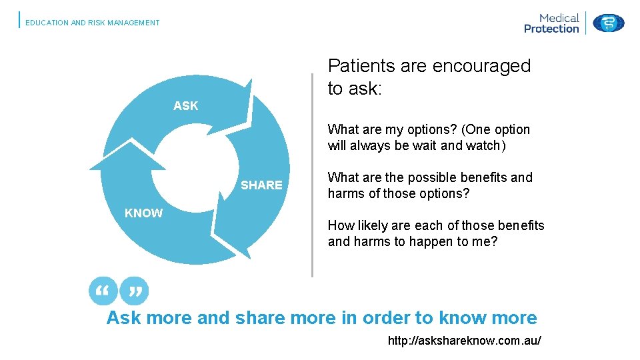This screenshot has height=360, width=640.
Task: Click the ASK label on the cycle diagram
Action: [x=185, y=105]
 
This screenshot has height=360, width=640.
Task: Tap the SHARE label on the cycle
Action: [x=261, y=185]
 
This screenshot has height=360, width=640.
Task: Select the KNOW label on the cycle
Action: [x=143, y=213]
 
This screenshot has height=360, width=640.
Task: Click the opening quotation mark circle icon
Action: [x=103, y=291]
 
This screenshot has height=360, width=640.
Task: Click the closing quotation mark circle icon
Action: [x=135, y=291]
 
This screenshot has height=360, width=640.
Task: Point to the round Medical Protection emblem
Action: [x=608, y=23]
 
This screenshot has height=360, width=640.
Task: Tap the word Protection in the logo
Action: [x=551, y=29]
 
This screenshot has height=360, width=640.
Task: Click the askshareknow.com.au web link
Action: [x=464, y=341]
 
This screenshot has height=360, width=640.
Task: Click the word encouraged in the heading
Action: [x=481, y=66]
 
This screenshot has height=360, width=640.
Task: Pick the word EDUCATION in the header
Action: [x=47, y=23]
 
